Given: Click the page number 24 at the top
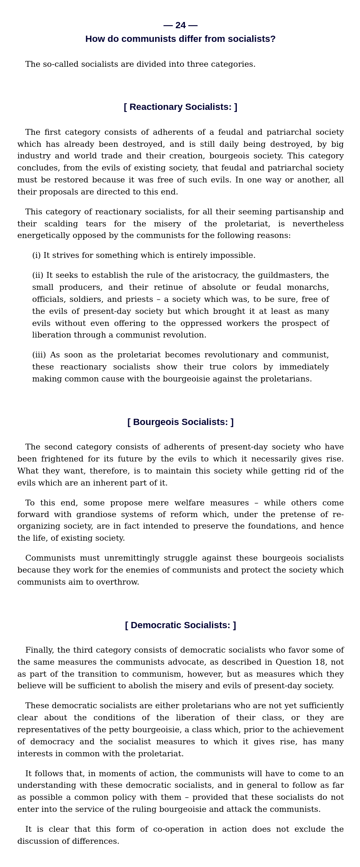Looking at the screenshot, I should (180, 25).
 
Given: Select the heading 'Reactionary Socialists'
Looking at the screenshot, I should (180, 107).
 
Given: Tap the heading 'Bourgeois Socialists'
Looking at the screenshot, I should (180, 422).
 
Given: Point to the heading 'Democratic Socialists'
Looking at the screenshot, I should (180, 625).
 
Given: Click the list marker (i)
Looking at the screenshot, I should (36, 255).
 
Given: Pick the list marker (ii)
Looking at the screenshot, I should (38, 275).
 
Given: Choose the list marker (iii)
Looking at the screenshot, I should (39, 355).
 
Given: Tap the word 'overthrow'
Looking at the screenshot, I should (117, 582).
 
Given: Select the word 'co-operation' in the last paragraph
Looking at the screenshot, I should (178, 829).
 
